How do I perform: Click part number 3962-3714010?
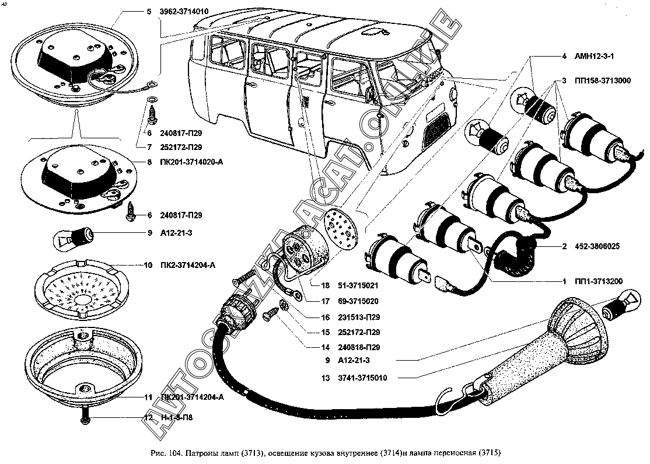tap(184, 11)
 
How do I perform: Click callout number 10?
tap(148, 265)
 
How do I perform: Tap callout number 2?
tap(564, 246)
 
